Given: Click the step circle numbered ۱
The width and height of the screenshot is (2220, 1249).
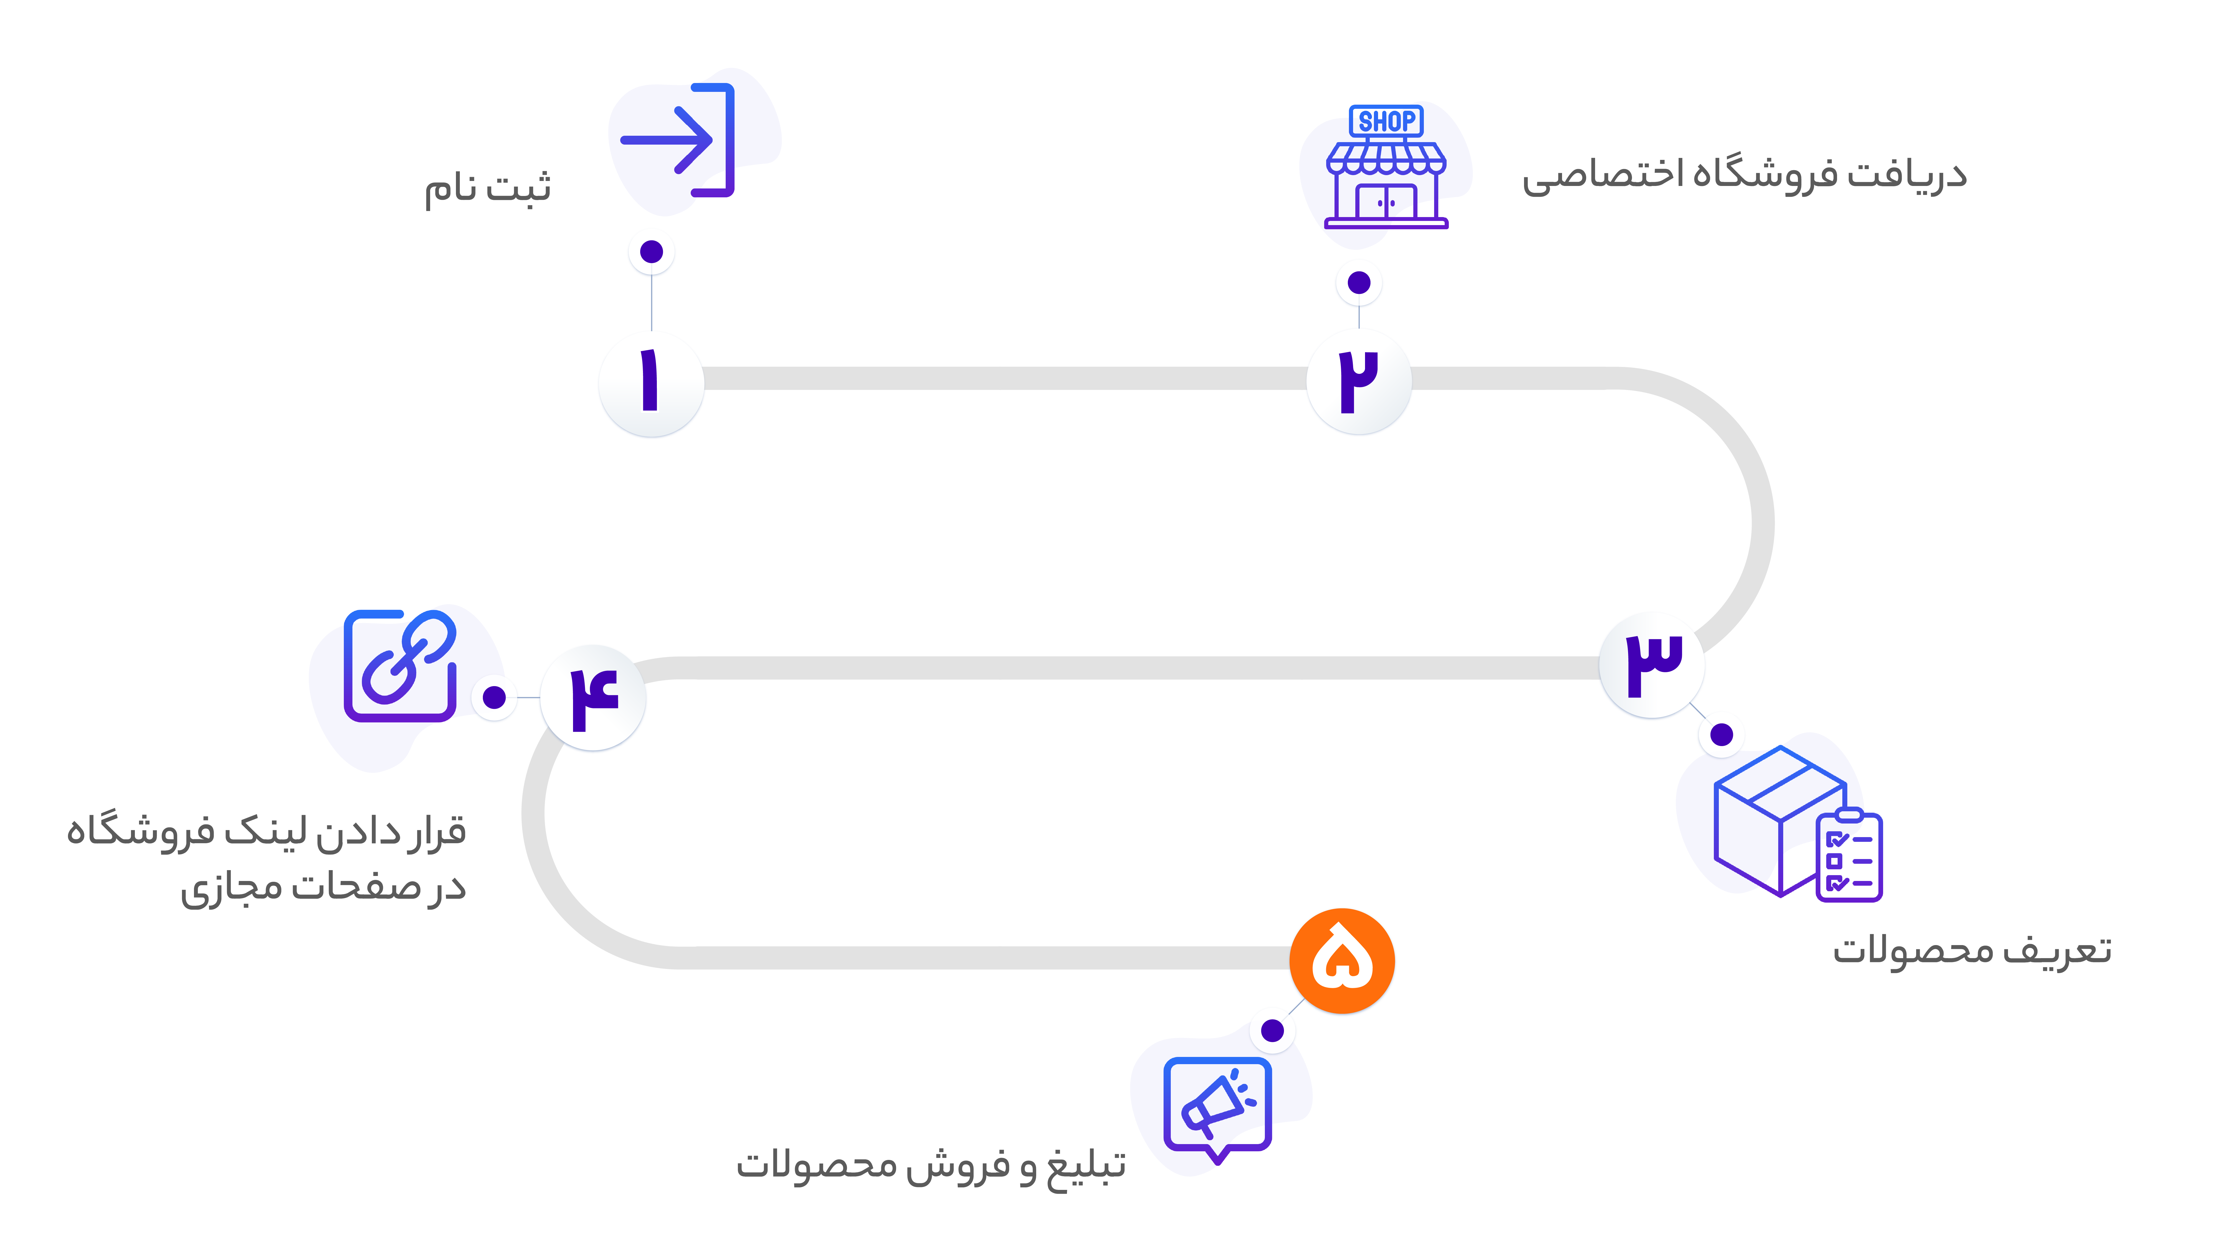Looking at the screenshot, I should coord(652,384).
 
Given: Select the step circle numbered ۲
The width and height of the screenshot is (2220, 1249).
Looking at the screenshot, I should coord(1359,382).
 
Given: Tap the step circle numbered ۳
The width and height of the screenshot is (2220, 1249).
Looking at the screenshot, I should coord(1652,666).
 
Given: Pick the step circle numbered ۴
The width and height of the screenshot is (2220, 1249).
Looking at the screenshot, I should coord(593,698).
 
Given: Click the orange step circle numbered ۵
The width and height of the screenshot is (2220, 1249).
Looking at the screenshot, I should coord(1342,961).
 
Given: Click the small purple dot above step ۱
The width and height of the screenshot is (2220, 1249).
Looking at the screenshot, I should coord(652,252).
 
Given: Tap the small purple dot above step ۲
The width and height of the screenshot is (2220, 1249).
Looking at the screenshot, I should coord(1359,283).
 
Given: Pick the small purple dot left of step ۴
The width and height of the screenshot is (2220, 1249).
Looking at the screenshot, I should coord(494,697).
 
